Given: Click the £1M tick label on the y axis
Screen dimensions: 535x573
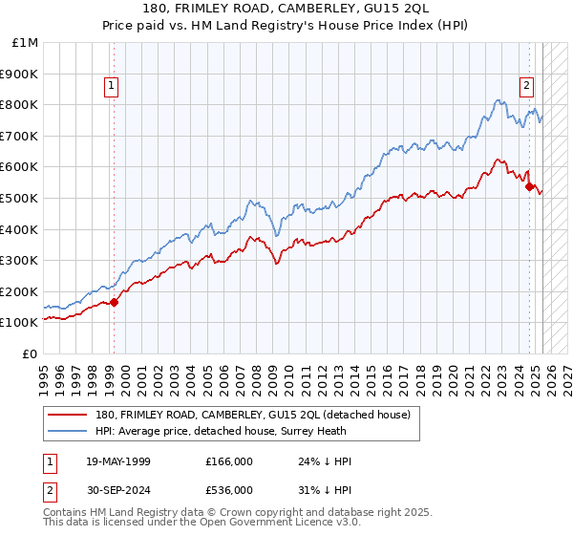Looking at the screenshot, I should [25, 42].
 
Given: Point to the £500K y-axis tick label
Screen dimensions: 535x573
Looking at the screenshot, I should [20, 198].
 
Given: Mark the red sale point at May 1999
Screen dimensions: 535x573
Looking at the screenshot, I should [114, 302].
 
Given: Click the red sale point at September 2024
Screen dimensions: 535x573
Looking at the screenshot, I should [530, 186].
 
